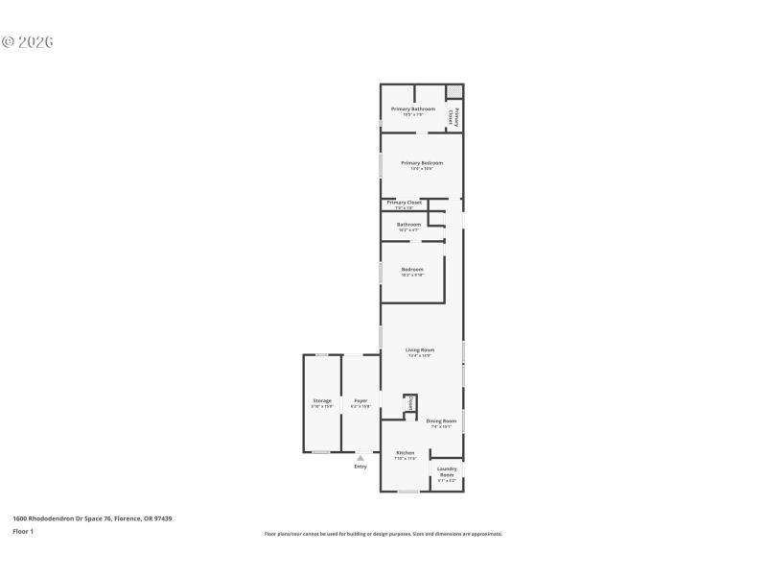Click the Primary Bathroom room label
pos(413,110)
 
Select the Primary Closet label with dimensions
pos(404,204)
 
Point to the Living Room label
pos(420,352)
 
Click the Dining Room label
pos(441,422)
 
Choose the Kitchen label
pos(406,454)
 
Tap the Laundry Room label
pos(447,473)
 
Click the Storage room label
pos(322,402)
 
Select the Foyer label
pos(360,402)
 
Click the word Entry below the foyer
pos(360,467)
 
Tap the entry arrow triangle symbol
pos(360,458)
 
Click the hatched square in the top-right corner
pos(454,91)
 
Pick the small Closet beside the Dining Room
pos(410,404)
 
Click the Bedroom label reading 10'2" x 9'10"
pos(412,271)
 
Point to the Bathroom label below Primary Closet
pos(409,227)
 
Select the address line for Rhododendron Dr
pos(92,518)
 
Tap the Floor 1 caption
pos(23,531)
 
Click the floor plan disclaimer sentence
pos(383,534)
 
